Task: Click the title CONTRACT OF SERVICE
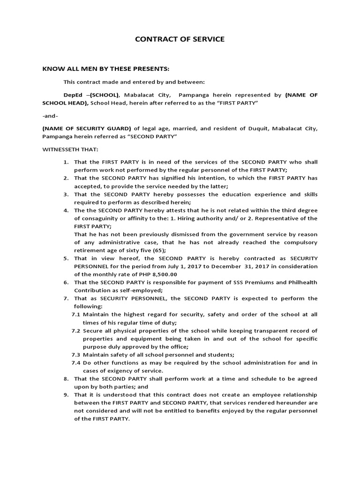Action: (x=180, y=39)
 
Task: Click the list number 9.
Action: (x=67, y=395)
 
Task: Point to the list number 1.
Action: (x=67, y=162)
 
